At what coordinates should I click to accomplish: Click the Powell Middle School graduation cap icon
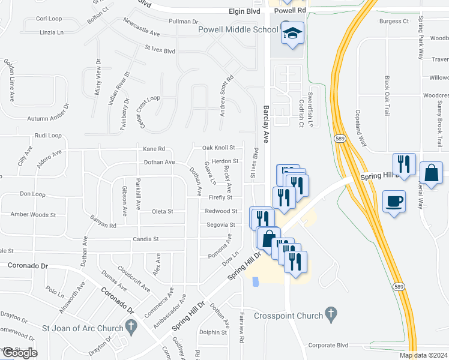pos(292,34)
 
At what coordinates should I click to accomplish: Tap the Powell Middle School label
pos(238,30)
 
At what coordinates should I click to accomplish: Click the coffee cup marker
pos(394,201)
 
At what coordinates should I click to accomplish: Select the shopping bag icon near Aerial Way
pos(431,173)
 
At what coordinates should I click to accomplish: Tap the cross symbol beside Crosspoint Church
pos(330,313)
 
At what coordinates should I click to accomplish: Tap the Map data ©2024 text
pos(423,355)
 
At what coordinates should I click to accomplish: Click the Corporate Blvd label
pos(328,346)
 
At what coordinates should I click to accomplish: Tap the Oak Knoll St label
pos(218,147)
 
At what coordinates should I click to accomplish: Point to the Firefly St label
pos(220,197)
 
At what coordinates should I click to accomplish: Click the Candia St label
pos(147,239)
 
